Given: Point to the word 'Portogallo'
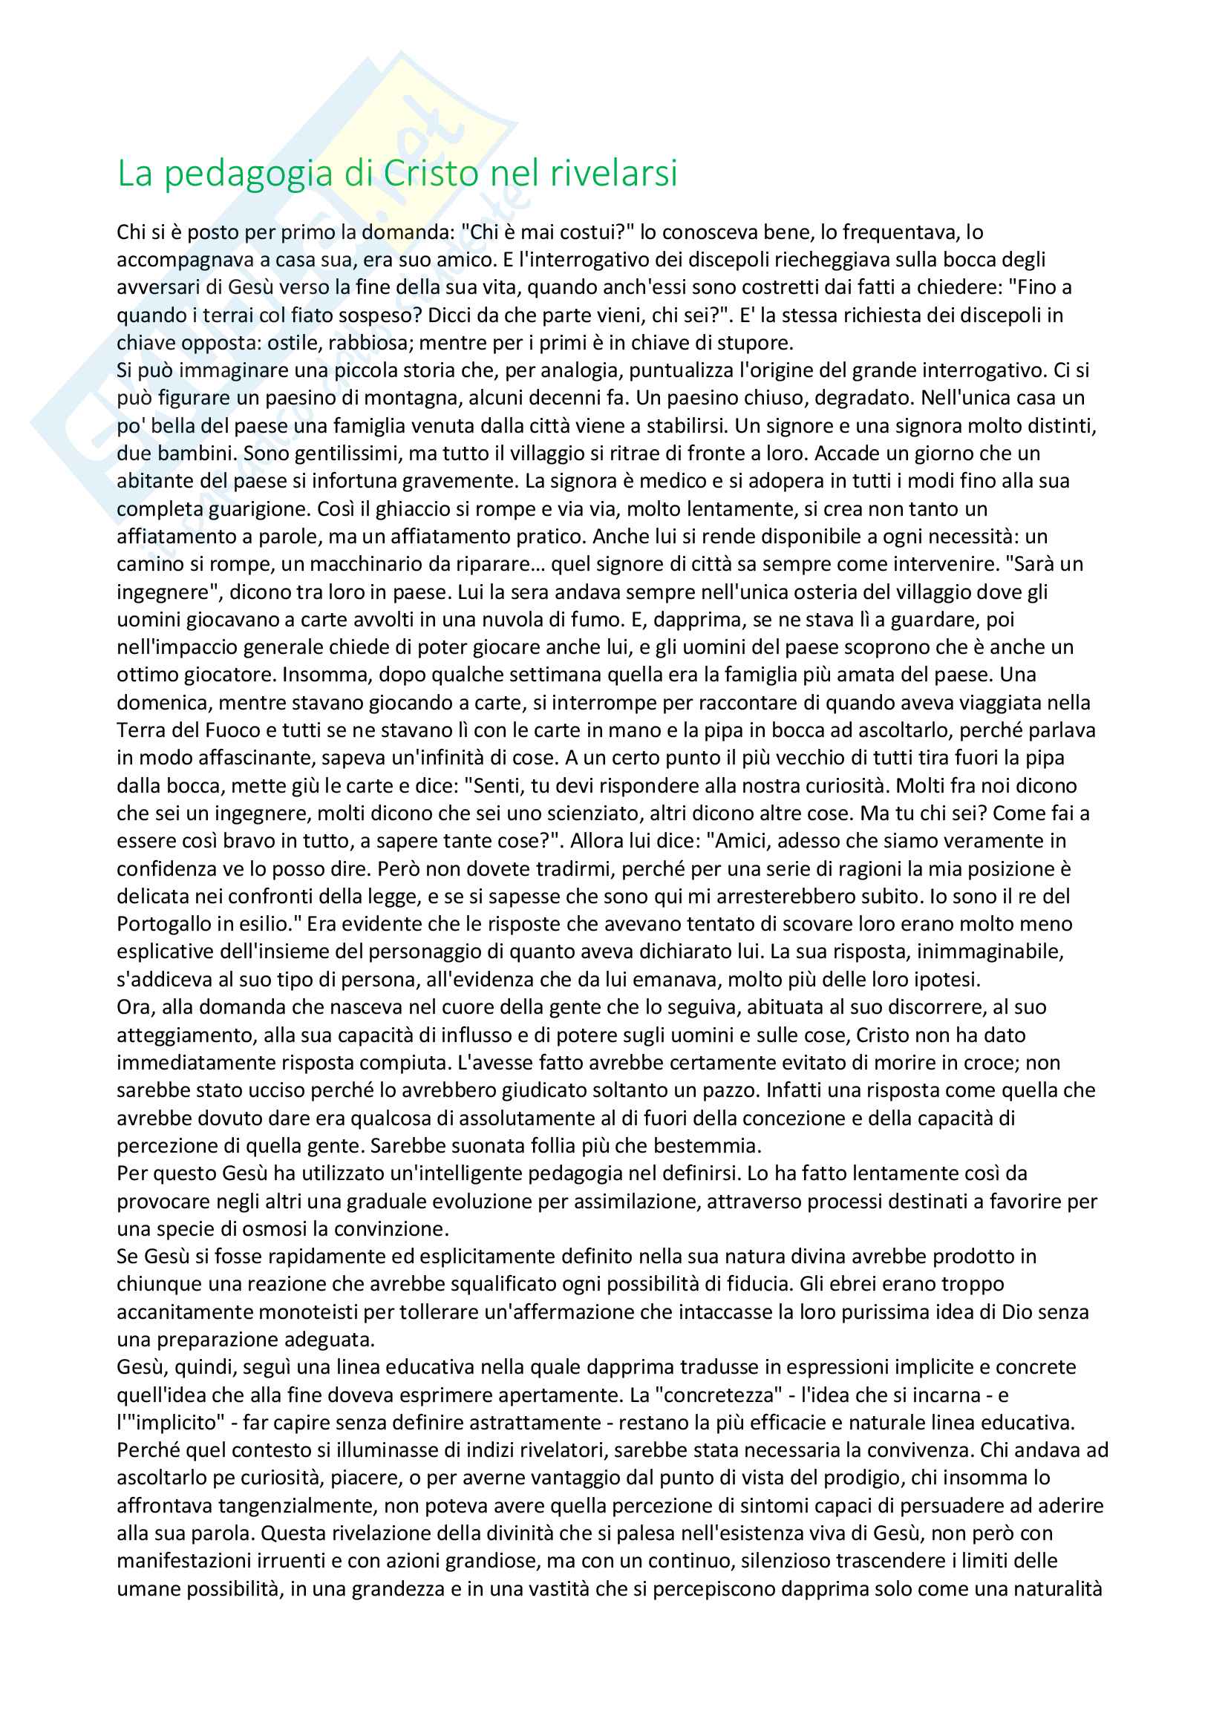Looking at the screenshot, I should (x=163, y=924).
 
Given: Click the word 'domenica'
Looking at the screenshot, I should (x=163, y=703).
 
